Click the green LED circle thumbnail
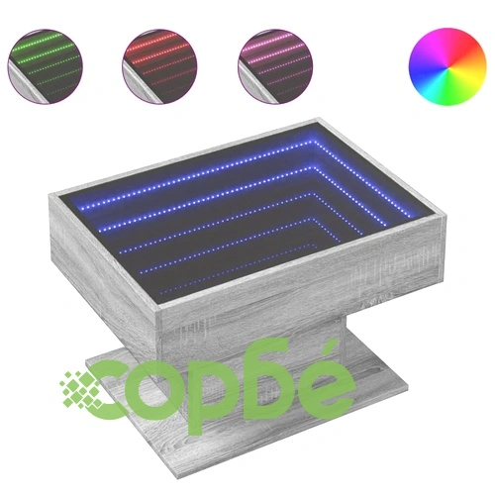click(x=46, y=66)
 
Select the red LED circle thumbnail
click(x=159, y=66)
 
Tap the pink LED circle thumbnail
click(x=275, y=66)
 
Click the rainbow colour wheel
click(x=447, y=66)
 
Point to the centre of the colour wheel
click(x=447, y=66)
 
